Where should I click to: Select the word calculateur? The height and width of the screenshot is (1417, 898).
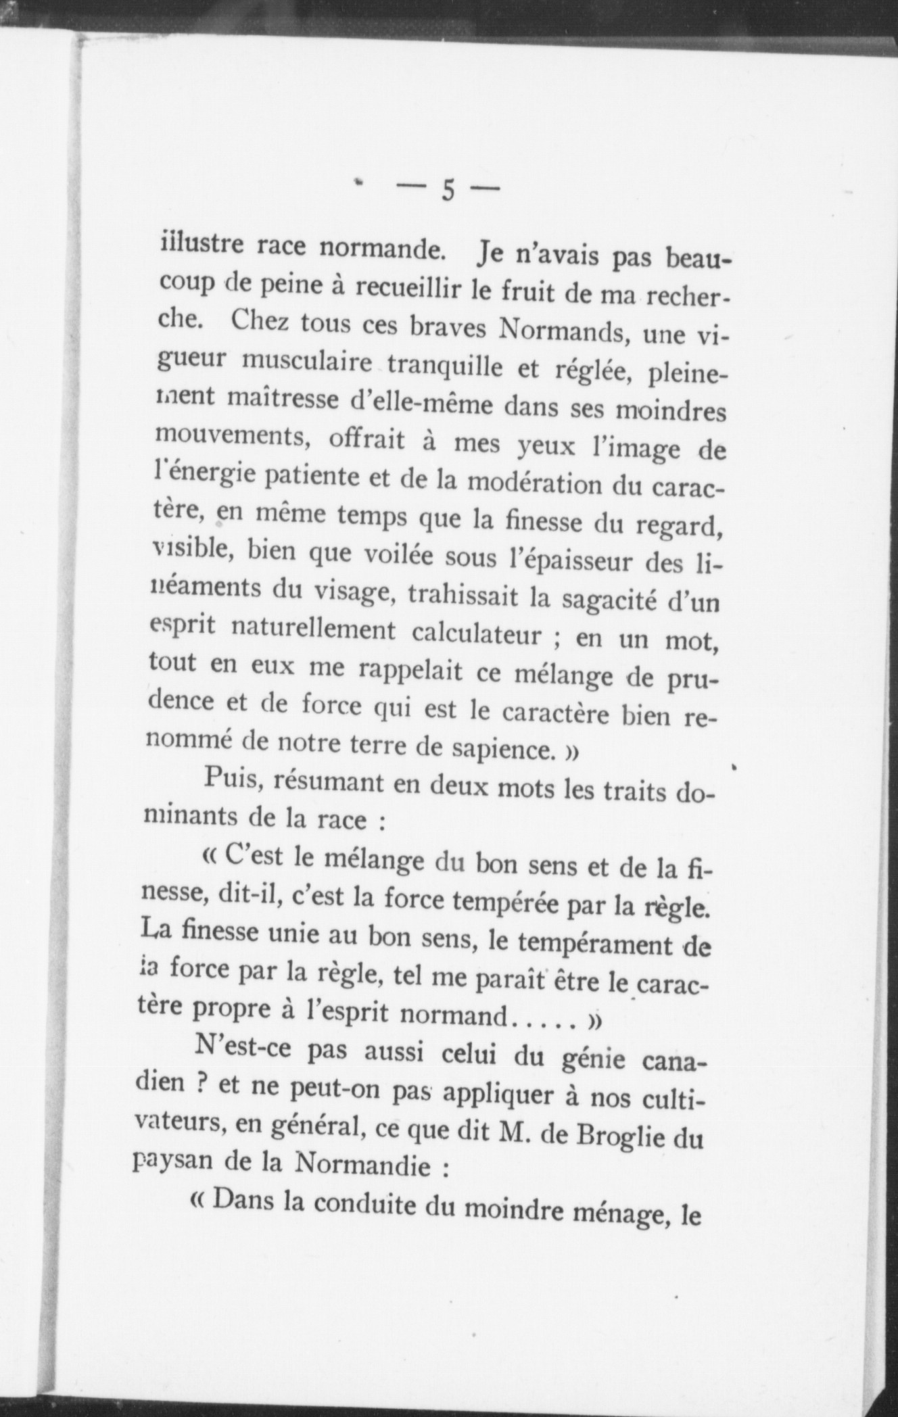477,634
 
